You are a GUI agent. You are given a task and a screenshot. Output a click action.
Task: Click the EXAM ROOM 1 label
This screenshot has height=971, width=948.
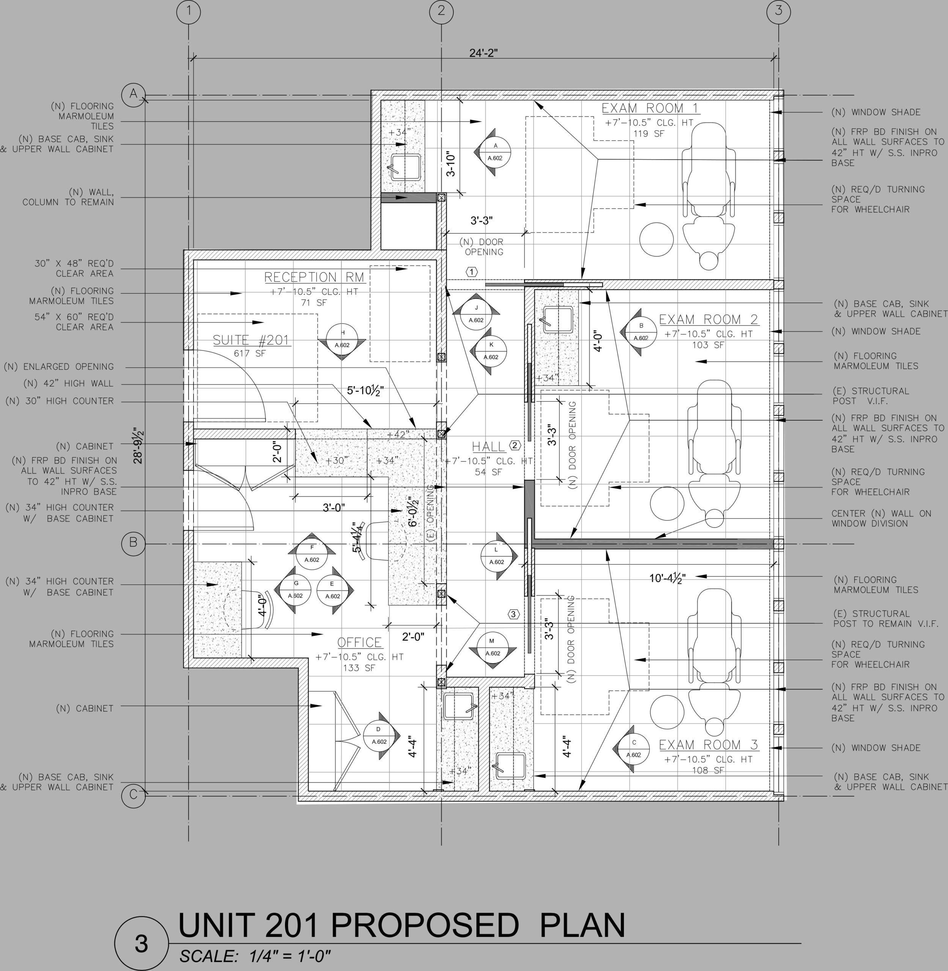point(650,108)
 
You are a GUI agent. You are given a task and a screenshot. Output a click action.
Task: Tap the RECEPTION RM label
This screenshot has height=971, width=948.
point(314,277)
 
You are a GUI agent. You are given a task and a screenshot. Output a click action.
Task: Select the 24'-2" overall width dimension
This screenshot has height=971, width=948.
point(483,53)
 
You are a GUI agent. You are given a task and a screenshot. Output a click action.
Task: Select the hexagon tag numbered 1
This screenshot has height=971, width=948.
point(471,272)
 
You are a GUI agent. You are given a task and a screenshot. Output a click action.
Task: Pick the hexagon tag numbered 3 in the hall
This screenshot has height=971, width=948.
point(513,614)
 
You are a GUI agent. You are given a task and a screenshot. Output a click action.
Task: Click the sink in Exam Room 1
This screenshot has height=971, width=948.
point(404,167)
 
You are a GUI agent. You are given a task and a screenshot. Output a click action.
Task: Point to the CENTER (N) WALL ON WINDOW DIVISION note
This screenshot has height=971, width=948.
point(881,518)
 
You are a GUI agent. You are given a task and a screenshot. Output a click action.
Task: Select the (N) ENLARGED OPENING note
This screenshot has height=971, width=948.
point(59,366)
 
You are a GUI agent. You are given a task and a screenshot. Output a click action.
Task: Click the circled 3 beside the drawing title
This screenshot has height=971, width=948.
point(142,944)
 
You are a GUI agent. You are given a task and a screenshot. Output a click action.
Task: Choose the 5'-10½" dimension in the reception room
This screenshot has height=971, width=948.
point(365,390)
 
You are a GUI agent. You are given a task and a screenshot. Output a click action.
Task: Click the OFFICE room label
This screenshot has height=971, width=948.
point(359,642)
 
